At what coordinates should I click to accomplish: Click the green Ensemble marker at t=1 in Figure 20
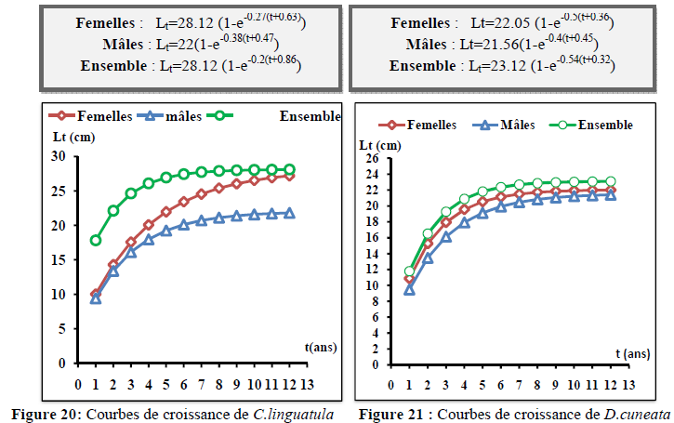[95, 240]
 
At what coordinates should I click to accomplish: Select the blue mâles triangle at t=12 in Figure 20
[289, 213]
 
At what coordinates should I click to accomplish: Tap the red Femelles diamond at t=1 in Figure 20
[95, 294]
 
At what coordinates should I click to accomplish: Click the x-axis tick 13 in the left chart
[307, 381]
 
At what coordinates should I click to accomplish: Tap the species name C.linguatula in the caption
[294, 412]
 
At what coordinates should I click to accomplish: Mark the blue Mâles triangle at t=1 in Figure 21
[409, 289]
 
